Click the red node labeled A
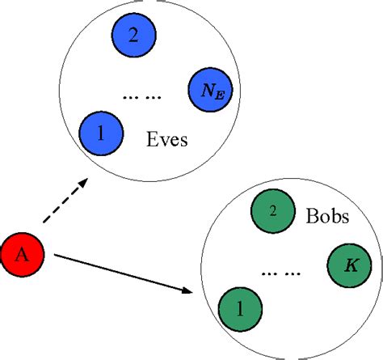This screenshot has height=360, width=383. coord(23,254)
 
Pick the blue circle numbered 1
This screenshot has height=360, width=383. coord(100,133)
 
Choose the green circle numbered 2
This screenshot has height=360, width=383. coord(272,211)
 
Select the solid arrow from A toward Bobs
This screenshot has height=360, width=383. coord(121,274)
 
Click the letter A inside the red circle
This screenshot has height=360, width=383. coord(23,255)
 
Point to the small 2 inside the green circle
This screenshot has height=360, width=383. coord(272,211)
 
